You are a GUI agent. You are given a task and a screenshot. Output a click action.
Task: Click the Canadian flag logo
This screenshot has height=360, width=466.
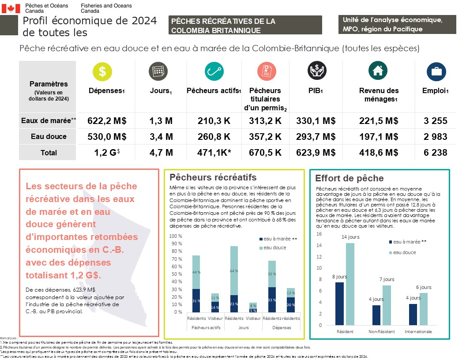pos(11,8)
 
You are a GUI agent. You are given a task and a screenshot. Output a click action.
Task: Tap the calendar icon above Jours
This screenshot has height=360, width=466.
pos(158,71)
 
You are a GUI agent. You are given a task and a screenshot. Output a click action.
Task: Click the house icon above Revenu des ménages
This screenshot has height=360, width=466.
pos(378,71)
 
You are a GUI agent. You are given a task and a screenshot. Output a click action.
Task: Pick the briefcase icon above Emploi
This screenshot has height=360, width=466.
pos(436,71)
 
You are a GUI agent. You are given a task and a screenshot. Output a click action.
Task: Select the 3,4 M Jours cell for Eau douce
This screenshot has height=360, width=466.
pos(161,137)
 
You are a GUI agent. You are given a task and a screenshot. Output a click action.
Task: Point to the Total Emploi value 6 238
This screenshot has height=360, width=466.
pos(435,153)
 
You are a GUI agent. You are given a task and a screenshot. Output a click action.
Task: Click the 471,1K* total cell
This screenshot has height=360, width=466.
pos(214,153)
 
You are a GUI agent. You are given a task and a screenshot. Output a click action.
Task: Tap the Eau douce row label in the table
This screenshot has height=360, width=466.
pos(49,137)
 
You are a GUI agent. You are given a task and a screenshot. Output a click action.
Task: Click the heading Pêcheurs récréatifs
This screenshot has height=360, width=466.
pos(213,177)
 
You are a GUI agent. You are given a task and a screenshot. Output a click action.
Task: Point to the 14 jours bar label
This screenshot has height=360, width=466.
pos(350,237)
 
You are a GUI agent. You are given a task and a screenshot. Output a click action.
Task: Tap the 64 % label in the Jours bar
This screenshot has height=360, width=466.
pos(233,271)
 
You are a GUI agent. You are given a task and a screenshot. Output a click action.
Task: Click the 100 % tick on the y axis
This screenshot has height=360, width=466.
pos(176,236)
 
